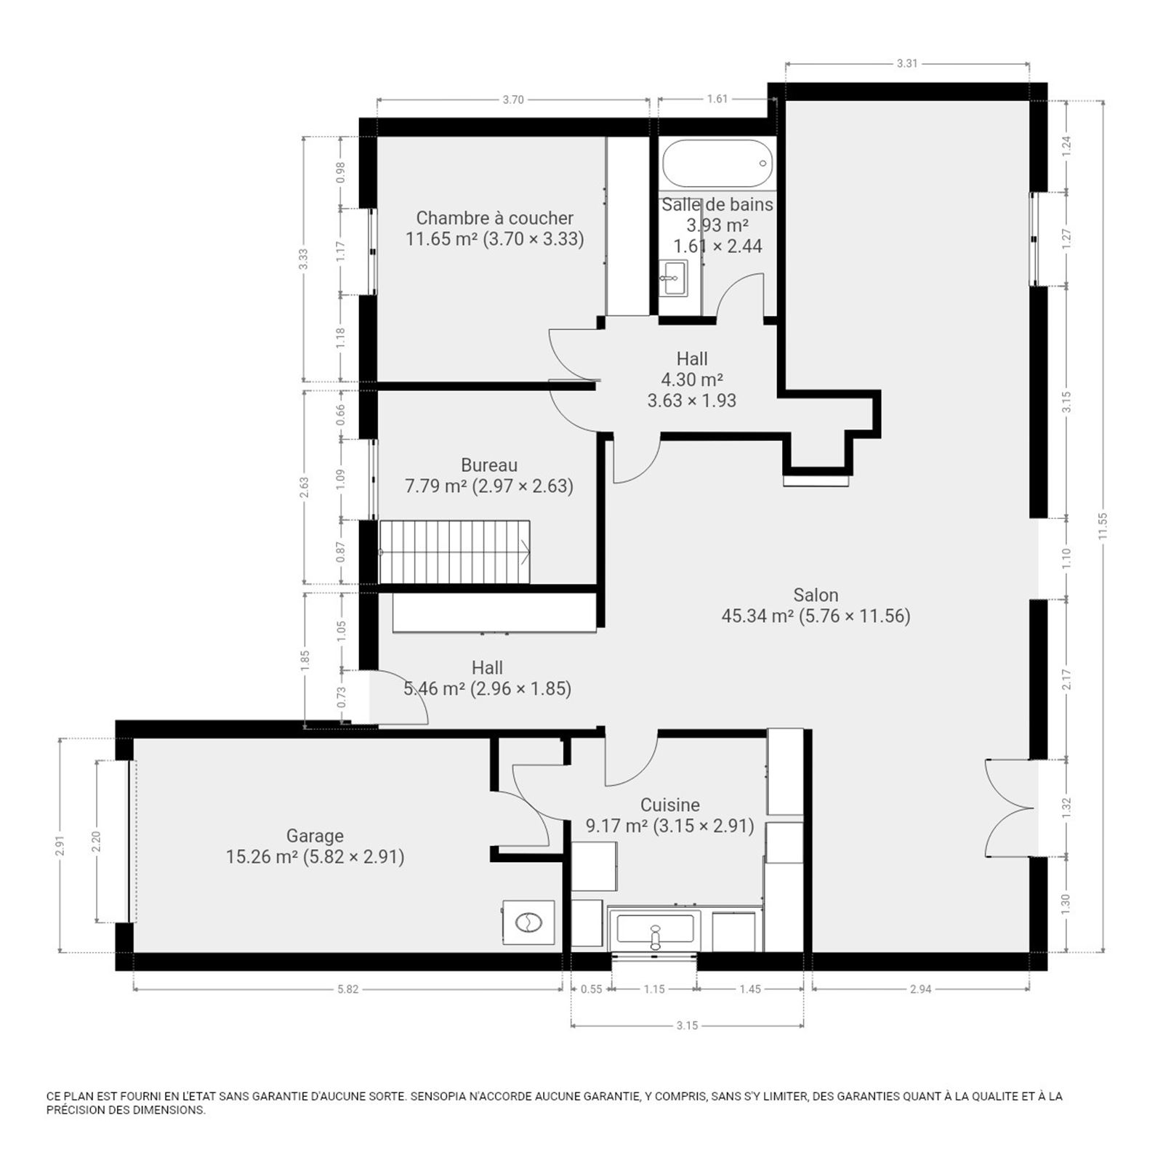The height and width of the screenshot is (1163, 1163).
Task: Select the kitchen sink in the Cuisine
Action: [655, 930]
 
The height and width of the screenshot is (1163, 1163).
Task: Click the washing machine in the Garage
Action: [528, 923]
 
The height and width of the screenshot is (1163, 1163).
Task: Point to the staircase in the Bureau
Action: [455, 552]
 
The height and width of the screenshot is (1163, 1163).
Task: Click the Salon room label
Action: [816, 595]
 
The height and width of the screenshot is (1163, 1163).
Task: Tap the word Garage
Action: [315, 836]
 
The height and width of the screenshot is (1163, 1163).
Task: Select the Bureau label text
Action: [489, 465]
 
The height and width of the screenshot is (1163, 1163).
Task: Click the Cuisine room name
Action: [670, 805]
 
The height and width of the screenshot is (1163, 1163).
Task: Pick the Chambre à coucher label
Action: [495, 218]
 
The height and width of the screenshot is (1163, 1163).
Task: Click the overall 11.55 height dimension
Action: [1103, 526]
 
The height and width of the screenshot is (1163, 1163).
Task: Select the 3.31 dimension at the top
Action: [907, 63]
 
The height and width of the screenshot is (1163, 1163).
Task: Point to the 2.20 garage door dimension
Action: [95, 842]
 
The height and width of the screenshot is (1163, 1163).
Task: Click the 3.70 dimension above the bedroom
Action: [513, 100]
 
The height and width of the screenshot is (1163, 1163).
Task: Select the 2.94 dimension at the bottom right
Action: [920, 989]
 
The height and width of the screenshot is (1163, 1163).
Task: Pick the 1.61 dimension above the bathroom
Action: [717, 99]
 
